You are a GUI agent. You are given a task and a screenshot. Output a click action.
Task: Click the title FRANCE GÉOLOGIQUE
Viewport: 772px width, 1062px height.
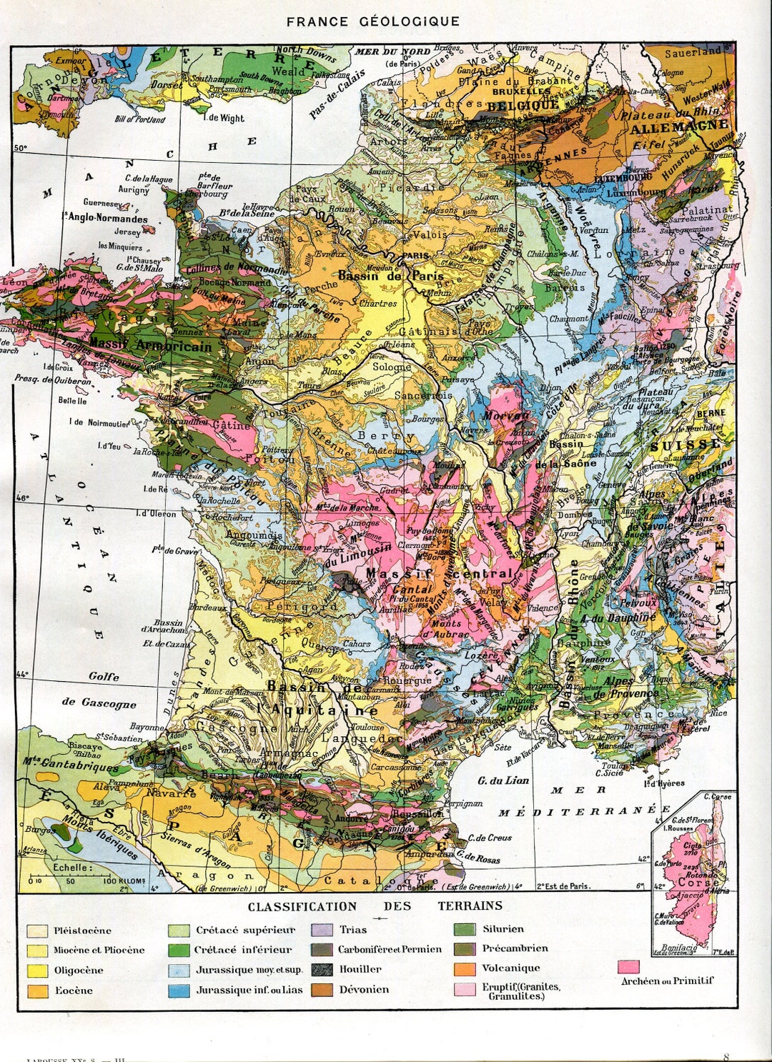(372, 21)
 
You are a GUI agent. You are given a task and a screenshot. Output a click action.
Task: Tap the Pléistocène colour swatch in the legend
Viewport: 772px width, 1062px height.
(37, 931)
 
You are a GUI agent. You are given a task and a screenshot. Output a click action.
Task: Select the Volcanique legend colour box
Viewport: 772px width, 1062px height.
(465, 969)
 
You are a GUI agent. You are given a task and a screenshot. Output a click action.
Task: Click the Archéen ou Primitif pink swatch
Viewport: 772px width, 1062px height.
(629, 966)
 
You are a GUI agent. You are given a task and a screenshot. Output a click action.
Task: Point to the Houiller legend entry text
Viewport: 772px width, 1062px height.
(360, 970)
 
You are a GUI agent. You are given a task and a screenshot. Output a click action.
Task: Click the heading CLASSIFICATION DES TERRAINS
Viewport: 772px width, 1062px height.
(375, 906)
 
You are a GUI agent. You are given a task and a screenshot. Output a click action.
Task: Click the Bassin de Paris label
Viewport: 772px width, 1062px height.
(391, 276)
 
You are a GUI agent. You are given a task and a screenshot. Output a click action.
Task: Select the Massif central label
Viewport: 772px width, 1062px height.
(439, 574)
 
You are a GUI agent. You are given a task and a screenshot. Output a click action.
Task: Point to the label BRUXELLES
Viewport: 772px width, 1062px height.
(521, 91)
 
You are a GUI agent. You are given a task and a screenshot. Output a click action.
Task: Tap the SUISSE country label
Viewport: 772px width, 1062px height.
(685, 445)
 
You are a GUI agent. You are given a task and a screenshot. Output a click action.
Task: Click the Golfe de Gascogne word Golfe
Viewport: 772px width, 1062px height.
(104, 676)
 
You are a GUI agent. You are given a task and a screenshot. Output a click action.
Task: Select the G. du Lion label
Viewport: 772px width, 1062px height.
(503, 780)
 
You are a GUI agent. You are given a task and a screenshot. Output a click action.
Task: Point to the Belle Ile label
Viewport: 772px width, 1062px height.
(72, 401)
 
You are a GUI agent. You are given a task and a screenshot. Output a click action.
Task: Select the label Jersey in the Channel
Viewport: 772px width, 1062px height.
(127, 232)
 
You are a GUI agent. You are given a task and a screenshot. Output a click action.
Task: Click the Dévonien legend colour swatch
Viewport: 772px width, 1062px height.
(322, 990)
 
